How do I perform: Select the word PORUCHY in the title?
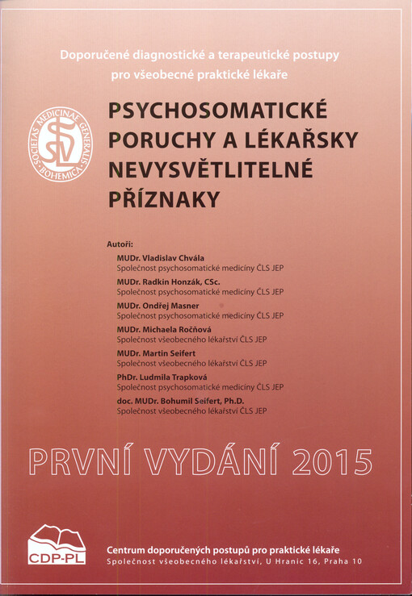[150, 140]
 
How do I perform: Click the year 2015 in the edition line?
[334, 461]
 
